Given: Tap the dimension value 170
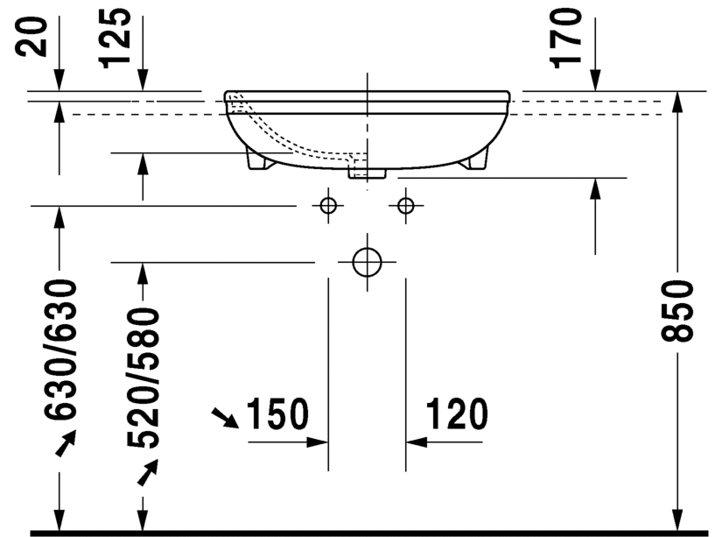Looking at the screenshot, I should [x=567, y=37].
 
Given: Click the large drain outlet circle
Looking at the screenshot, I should [x=366, y=261].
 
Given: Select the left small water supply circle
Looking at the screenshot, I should [x=328, y=206].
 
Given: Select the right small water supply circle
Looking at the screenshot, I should [x=404, y=206].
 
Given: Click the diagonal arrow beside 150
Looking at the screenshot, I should [x=226, y=418].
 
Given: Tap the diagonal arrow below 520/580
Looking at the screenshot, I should [x=147, y=472].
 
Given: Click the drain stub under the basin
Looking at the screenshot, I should [x=367, y=173].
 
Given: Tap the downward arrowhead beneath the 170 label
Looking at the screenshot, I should [x=595, y=81].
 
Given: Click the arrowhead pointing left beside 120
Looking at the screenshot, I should [x=417, y=442].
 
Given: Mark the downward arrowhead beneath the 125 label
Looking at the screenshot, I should [x=143, y=81].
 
